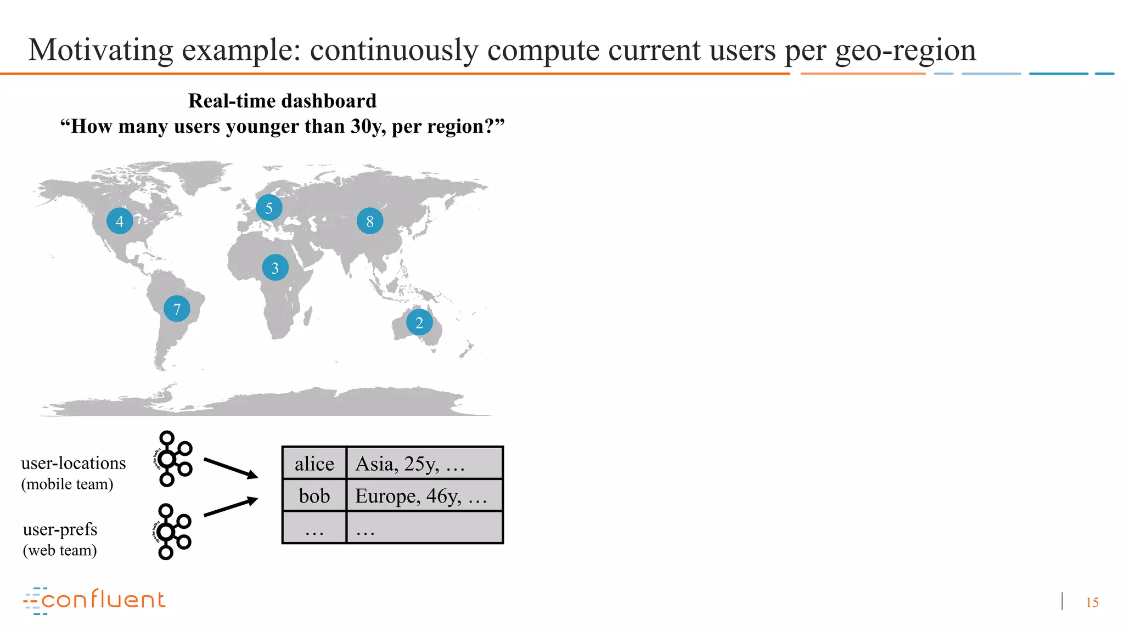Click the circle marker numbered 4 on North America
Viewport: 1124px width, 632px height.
point(120,221)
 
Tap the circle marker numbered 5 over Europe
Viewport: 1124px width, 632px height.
point(269,208)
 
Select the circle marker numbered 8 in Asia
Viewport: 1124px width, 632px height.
point(370,221)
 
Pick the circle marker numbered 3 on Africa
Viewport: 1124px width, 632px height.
point(275,268)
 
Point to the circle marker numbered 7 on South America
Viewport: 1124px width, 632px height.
point(177,309)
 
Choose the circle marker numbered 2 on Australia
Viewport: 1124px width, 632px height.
point(419,323)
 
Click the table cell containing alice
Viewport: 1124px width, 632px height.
point(314,464)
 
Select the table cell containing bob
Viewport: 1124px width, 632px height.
point(314,496)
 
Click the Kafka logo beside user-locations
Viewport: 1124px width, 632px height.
point(172,459)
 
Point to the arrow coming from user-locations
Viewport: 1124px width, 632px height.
point(231,467)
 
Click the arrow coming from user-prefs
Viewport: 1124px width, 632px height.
point(231,507)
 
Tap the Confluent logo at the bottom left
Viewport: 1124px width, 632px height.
point(94,600)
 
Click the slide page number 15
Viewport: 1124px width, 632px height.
point(1092,602)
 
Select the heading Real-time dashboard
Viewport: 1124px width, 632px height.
point(282,101)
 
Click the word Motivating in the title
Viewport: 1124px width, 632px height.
point(100,50)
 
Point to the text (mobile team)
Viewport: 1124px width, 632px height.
point(67,484)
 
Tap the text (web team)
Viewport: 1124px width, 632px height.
point(60,550)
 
